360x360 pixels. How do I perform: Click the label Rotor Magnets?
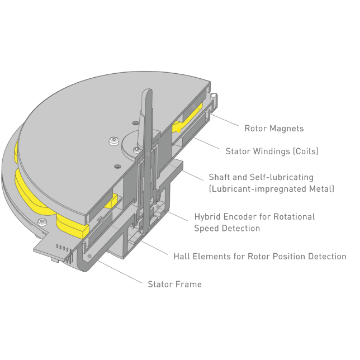tap(274, 129)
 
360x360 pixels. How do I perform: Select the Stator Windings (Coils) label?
tap(272, 151)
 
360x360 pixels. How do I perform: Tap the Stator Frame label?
tap(175, 284)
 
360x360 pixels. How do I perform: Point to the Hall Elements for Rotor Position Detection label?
tap(260, 256)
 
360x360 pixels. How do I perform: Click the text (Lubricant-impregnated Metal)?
tap(272, 189)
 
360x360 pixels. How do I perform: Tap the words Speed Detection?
tap(227, 228)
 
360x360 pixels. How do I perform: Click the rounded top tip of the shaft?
tap(148, 90)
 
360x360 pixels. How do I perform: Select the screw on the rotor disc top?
tap(114, 140)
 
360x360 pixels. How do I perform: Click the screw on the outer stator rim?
tap(42, 222)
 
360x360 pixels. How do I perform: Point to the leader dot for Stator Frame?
tap(89, 256)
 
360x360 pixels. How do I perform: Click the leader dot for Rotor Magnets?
tap(193, 106)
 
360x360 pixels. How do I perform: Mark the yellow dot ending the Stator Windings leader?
tap(179, 130)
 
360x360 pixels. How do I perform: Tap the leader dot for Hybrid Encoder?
tap(158, 207)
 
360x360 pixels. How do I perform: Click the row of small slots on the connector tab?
tap(62, 248)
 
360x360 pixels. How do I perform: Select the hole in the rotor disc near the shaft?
tap(136, 123)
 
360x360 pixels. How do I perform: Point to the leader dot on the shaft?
tap(148, 154)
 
